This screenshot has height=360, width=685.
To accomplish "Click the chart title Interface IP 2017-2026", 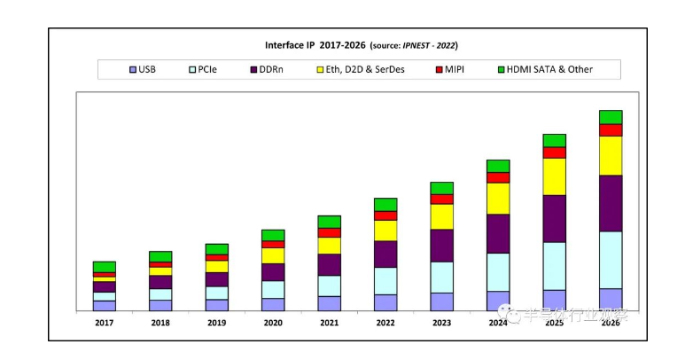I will tap(361, 44).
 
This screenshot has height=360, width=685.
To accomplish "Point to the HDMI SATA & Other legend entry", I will tap(542, 69).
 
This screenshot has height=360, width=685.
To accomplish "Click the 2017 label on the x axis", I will tap(105, 323).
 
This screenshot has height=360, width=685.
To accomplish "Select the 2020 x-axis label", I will tap(273, 323).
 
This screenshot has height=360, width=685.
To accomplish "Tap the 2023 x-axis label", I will tap(441, 323).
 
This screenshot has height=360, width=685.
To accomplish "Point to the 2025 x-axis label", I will tap(554, 323).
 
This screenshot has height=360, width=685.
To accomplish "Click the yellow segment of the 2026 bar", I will tap(611, 155).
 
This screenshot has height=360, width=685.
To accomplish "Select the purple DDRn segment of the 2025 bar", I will tap(554, 218).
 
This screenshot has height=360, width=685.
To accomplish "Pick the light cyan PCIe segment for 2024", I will tap(498, 271).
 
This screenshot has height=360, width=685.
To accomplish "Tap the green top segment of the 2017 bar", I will tap(105, 267).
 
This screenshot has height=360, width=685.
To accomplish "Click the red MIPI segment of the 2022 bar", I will tap(385, 215).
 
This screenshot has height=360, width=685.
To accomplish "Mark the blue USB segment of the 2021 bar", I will tap(330, 303).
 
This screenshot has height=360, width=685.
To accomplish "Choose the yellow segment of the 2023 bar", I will tap(441, 216).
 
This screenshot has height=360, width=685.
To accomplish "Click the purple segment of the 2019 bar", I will tap(217, 279).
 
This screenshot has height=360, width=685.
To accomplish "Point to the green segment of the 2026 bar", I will tap(611, 117).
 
